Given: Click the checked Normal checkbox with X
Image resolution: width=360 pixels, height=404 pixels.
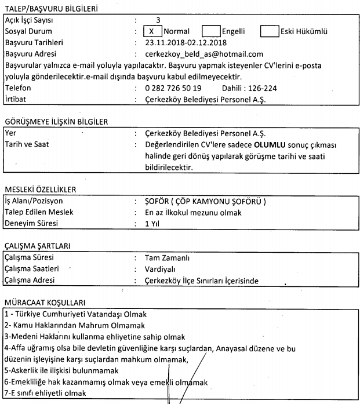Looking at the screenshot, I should [151, 32].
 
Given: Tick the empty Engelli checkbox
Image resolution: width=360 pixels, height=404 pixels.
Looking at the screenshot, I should [212, 32].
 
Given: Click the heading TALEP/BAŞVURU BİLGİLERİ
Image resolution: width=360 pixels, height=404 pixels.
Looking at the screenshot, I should [50, 9].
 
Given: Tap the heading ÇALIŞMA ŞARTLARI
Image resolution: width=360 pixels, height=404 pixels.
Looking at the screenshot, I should [37, 245].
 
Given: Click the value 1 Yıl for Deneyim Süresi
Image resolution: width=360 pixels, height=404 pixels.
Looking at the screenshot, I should [153, 223].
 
